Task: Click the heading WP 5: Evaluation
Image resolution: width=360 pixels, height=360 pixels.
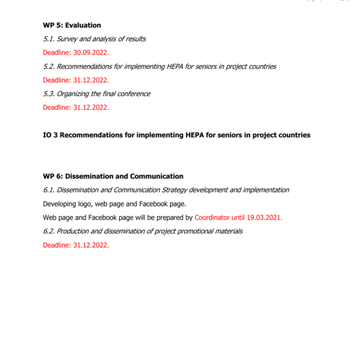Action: [x=72, y=25]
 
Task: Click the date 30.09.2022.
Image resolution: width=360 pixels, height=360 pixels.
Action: [x=91, y=53]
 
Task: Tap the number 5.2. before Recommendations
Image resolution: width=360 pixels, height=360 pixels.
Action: [x=50, y=67]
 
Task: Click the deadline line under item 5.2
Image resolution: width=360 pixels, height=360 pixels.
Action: [x=76, y=80]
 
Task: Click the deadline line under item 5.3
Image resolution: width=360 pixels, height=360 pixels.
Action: [x=76, y=108]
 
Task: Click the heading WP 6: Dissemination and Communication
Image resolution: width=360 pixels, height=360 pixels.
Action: [x=113, y=176]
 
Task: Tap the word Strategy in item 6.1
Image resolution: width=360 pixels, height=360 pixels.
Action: [x=173, y=190]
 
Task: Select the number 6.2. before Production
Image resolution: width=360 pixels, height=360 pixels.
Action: [x=50, y=232]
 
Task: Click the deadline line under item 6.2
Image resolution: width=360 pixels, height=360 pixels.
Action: [x=76, y=245]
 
